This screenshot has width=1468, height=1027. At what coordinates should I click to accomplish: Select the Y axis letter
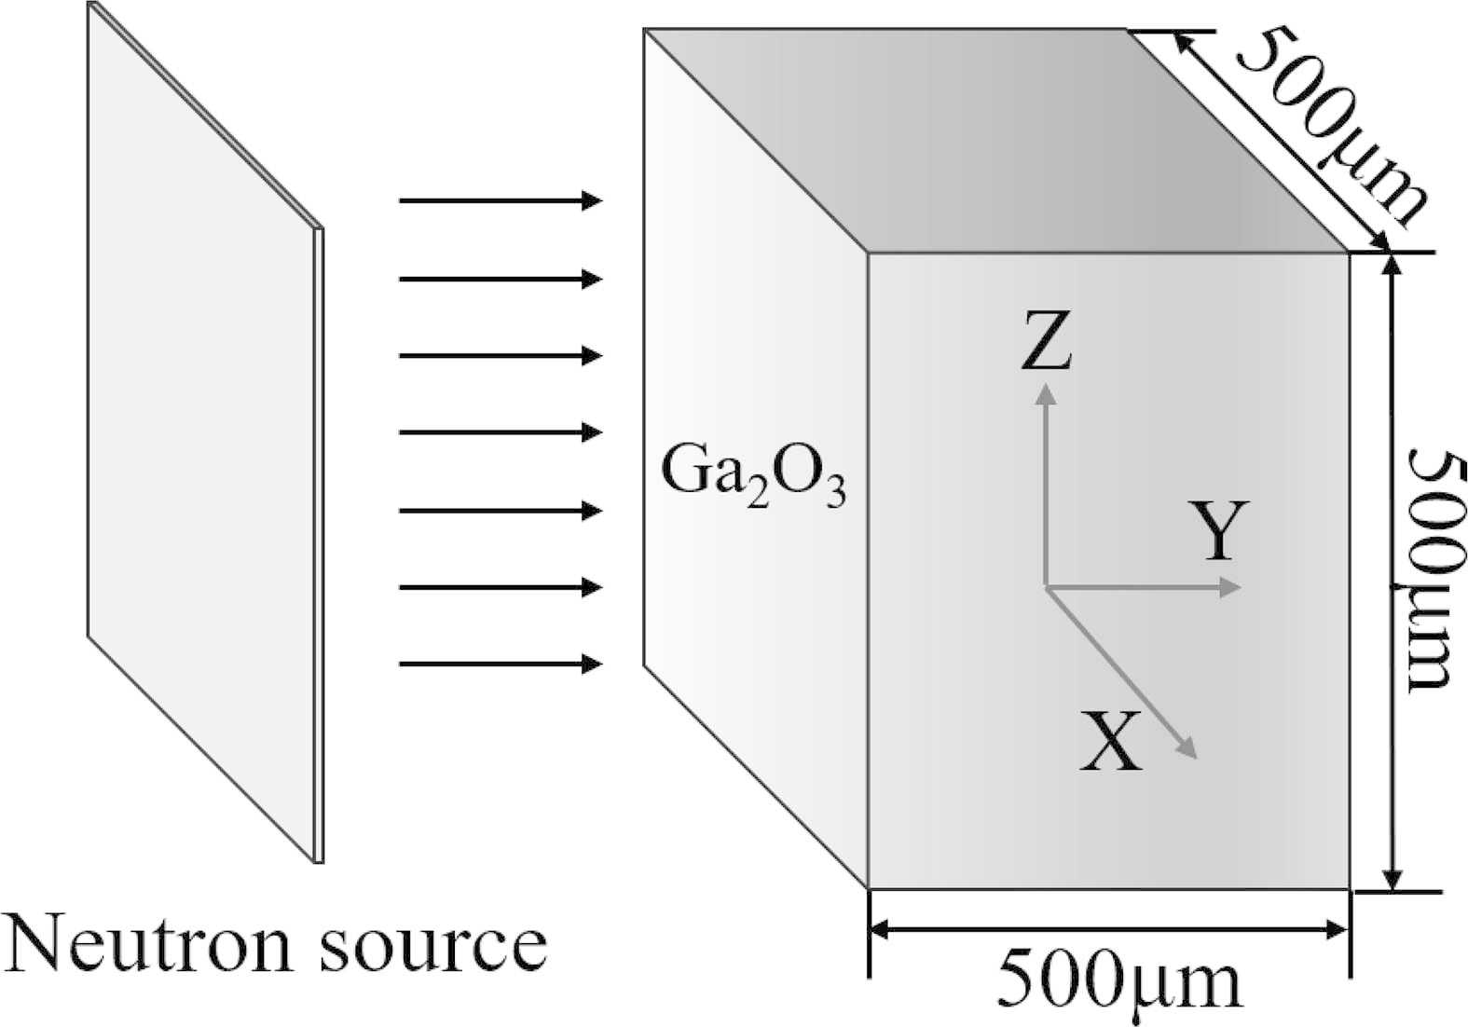(x=1218, y=530)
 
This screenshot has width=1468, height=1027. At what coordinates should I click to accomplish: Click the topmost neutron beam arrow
(x=501, y=200)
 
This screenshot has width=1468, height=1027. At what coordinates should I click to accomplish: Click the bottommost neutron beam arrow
(x=501, y=664)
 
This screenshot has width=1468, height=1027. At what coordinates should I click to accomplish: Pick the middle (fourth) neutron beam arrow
(x=501, y=432)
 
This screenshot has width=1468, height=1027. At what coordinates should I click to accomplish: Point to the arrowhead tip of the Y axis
(x=1241, y=587)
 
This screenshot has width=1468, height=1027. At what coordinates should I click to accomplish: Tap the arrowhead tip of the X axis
(x=1195, y=756)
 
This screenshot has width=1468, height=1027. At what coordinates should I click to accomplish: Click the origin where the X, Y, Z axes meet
(x=1046, y=587)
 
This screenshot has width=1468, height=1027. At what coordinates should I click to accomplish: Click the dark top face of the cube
(x=997, y=140)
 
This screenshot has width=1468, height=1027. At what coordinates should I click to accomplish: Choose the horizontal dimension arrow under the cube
(x=1109, y=928)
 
